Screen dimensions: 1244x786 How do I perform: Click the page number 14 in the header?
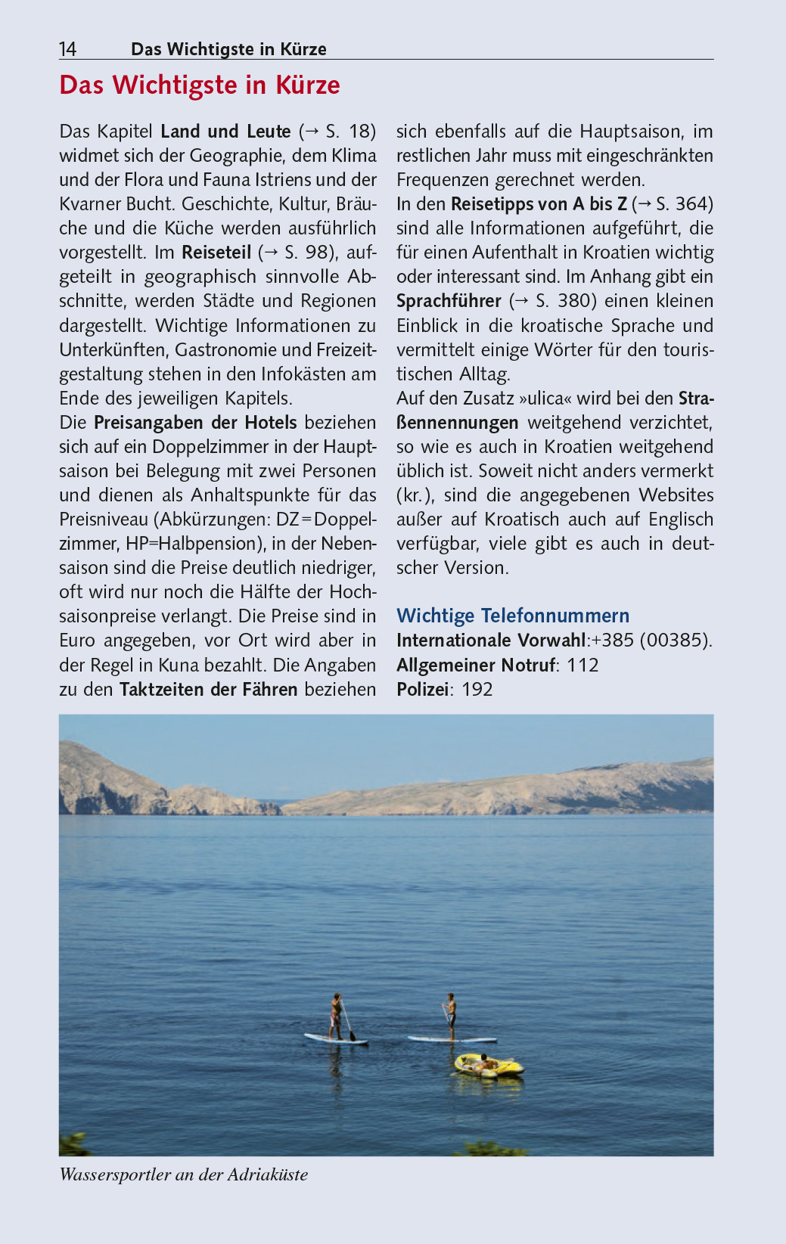coord(67,49)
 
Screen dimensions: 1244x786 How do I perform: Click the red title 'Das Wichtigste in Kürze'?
coord(200,85)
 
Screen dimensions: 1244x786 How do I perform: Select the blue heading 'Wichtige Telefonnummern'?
coord(513,616)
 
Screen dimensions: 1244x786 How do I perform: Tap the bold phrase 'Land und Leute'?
coord(225,132)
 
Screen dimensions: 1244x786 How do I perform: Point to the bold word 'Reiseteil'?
coord(216,253)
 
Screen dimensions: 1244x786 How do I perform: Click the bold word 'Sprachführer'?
coord(449,301)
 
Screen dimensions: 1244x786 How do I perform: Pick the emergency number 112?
coord(583,665)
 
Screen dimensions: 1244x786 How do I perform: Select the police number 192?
coord(477,690)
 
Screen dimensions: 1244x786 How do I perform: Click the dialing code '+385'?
coord(613,641)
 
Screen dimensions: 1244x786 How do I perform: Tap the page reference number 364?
coord(694,204)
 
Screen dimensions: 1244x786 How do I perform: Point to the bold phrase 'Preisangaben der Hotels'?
coord(195,423)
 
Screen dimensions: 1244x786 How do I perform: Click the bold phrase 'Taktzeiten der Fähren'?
coord(208,690)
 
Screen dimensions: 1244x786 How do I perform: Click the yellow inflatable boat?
coord(489,1066)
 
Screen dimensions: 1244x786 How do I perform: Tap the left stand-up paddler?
coord(335,1016)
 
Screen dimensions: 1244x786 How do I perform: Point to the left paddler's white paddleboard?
coord(336,1039)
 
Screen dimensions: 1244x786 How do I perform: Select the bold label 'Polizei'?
coord(422,690)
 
